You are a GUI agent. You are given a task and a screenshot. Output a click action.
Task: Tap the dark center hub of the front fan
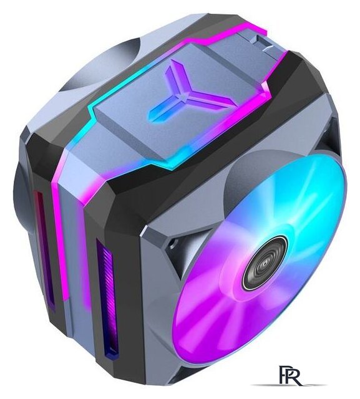pos(265,262)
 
